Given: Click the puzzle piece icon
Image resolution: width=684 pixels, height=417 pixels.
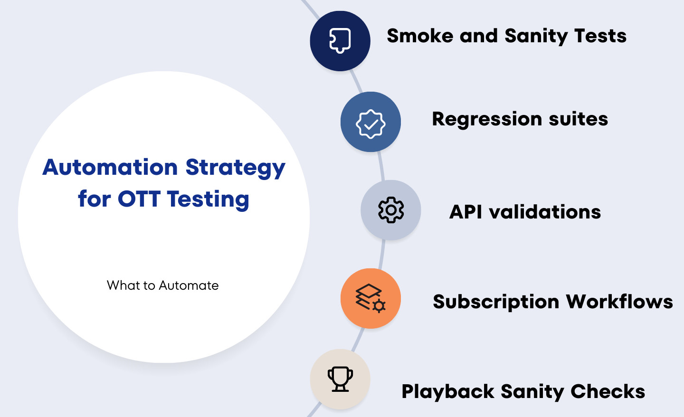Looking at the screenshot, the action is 340,40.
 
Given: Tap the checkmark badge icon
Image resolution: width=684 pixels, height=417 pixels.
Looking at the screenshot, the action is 370,124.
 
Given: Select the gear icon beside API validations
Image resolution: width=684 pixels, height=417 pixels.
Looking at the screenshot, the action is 391,210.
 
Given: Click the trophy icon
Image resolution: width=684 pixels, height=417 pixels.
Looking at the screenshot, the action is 340,379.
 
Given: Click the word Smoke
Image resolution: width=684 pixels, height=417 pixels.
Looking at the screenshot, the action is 420,36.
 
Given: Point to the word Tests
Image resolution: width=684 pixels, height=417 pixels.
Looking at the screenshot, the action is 600,36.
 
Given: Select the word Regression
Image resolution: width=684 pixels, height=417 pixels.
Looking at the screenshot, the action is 487,119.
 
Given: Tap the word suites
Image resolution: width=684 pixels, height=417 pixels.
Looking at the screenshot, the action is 579,119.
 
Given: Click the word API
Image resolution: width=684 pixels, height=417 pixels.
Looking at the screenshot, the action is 465,211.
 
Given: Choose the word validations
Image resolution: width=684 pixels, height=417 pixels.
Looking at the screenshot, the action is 545,211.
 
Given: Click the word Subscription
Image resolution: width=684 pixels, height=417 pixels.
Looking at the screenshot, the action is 496,302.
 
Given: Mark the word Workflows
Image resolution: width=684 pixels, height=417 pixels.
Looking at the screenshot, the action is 619,302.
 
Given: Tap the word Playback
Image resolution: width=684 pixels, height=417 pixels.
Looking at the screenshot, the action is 447,392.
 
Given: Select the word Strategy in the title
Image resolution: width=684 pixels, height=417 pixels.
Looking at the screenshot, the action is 236,169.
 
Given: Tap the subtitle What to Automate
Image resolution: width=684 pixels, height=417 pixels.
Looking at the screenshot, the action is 163,285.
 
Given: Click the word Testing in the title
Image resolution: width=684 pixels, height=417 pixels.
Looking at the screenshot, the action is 208,200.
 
